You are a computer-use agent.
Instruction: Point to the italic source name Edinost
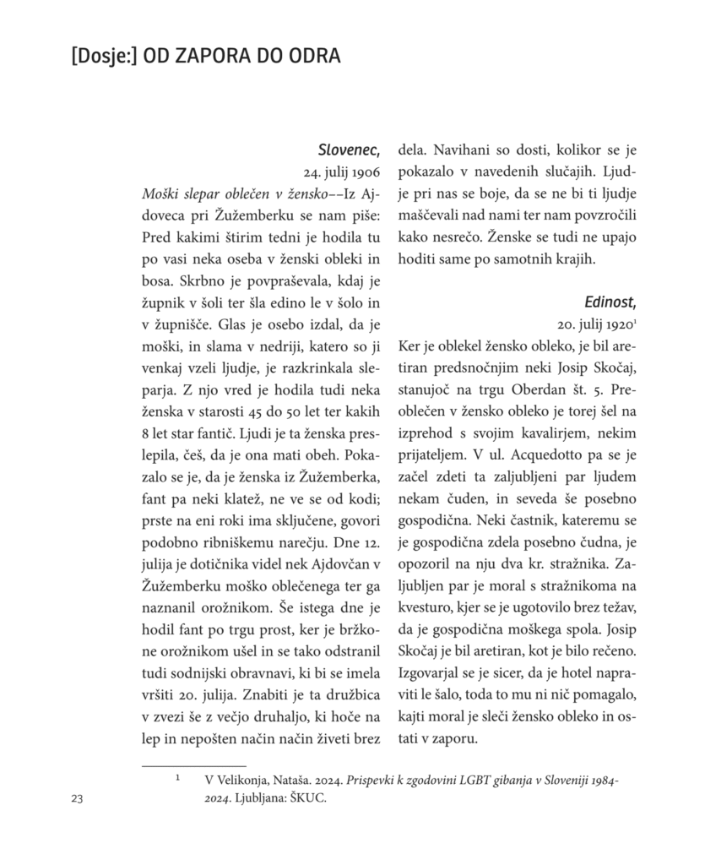[x=610, y=302]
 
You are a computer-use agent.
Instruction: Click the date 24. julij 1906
[x=342, y=172]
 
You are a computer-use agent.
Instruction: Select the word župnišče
[x=182, y=324]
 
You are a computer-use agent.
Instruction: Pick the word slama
[x=253, y=346]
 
